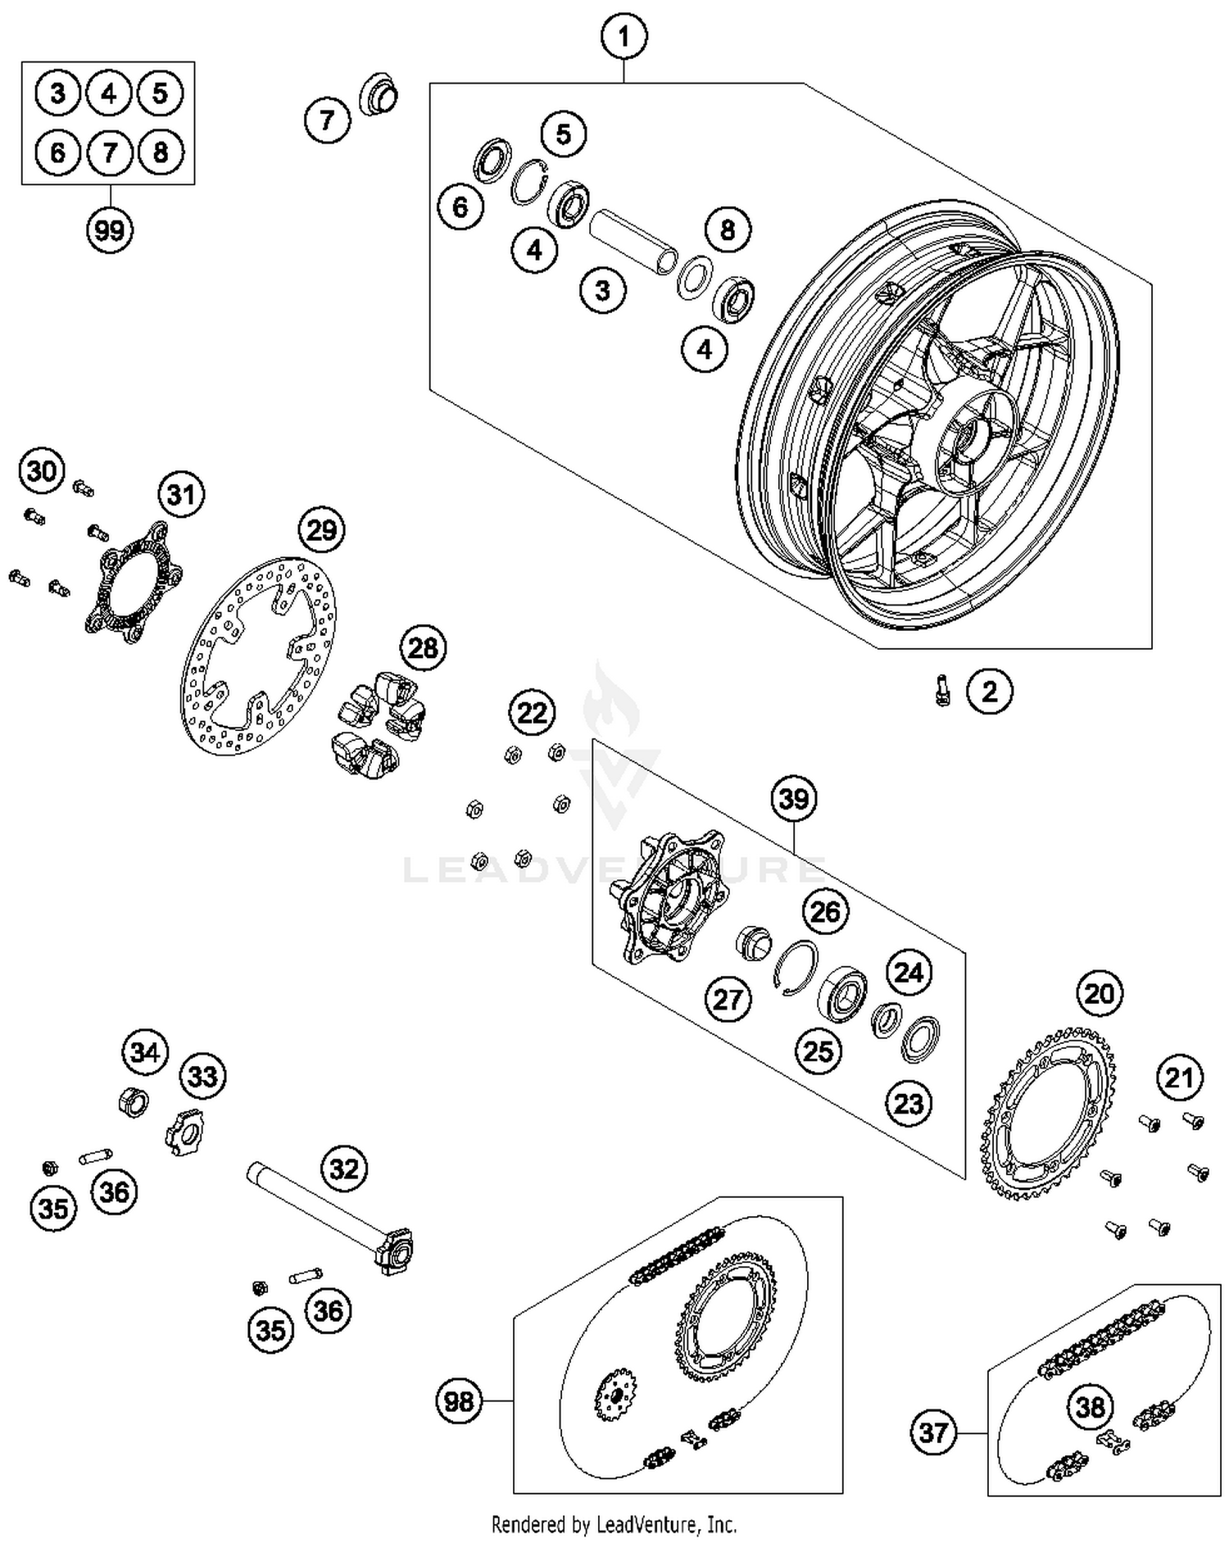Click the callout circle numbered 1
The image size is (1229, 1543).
point(624,37)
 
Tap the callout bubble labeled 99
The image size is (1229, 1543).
point(109,230)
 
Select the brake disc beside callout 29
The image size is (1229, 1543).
point(258,656)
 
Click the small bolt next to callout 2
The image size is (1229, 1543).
point(942,690)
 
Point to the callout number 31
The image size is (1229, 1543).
point(180,495)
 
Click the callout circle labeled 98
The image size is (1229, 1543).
point(458,1400)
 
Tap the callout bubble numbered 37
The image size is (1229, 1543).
point(933,1432)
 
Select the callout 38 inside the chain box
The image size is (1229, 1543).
point(1090,1408)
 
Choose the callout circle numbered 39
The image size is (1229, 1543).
point(793,798)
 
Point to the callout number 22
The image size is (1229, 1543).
point(532,712)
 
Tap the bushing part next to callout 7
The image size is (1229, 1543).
point(379,96)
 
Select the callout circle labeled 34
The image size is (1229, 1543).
point(145,1052)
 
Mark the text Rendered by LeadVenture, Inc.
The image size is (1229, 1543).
point(614,1524)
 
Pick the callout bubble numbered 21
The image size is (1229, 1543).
point(1179,1078)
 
